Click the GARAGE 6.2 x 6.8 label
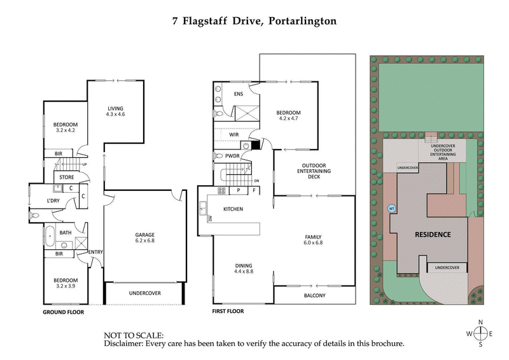point(145,237)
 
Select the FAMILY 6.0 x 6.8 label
point(316,239)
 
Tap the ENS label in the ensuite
point(239,94)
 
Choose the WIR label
point(234,134)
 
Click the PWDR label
point(233,155)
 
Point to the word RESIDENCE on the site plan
point(433,234)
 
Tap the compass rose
point(481,333)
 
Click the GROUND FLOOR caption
point(63,312)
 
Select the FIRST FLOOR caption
point(228,312)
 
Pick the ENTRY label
point(95,252)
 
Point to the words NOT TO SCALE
point(134,335)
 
